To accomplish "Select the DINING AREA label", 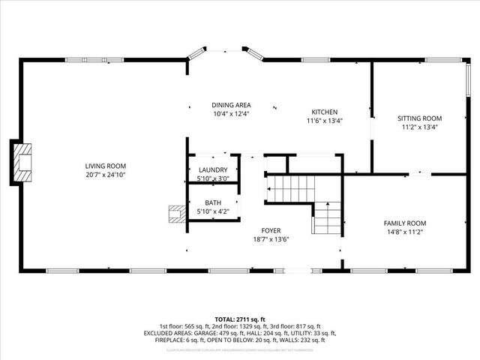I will (x=230, y=105).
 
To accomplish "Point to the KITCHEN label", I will (x=324, y=112).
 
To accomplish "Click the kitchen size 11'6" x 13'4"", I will (x=324, y=121).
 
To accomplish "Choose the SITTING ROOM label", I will (x=419, y=118).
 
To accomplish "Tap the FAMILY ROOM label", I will (x=405, y=223).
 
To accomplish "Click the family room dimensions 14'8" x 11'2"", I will (x=405, y=232).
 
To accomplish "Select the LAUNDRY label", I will (x=211, y=170).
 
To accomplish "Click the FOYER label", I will (x=271, y=230).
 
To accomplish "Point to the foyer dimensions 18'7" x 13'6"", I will (x=271, y=239).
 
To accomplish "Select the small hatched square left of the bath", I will (x=177, y=214).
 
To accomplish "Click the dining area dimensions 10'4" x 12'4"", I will (x=230, y=114).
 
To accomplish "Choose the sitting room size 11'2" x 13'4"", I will (x=419, y=127).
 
